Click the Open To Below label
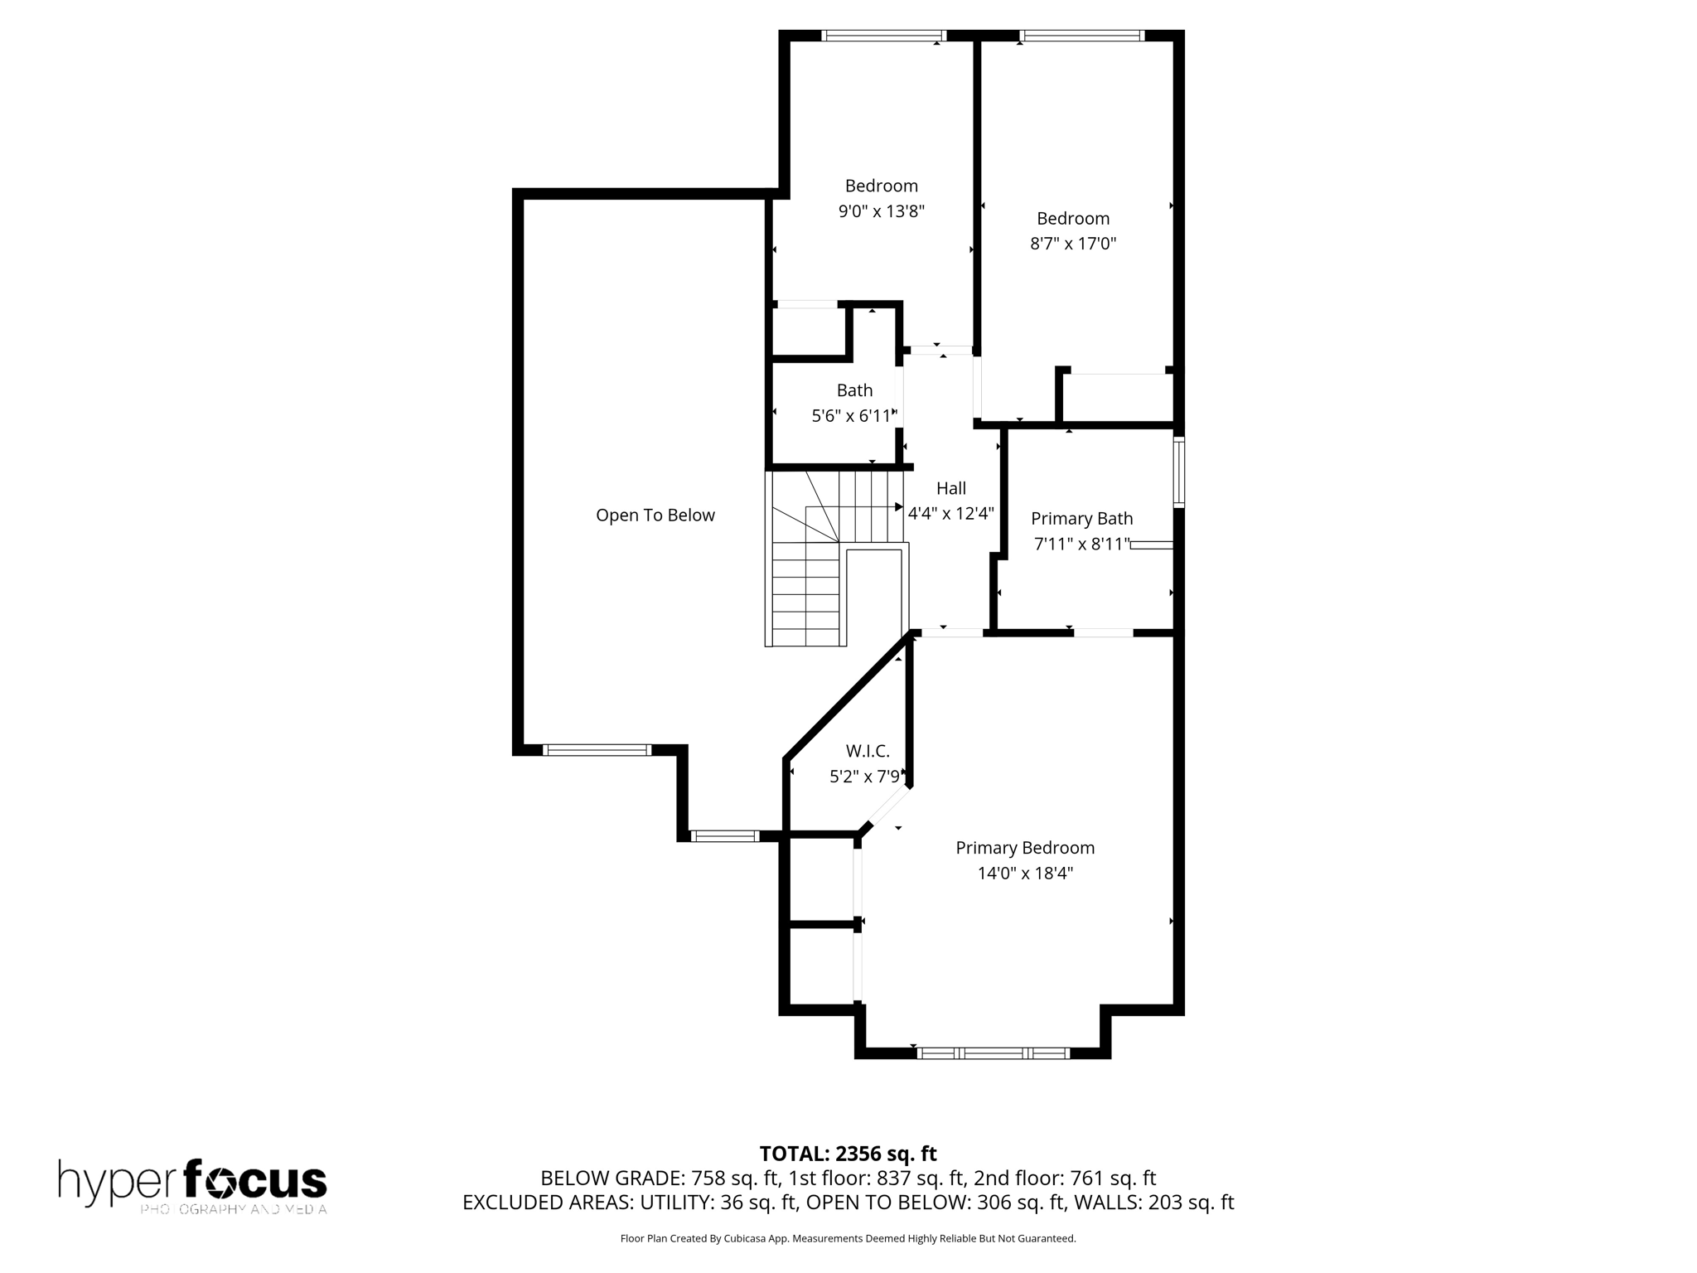pyautogui.click(x=655, y=515)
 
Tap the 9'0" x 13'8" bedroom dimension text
pyautogui.click(x=881, y=211)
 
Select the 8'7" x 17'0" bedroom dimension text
pyautogui.click(x=1073, y=244)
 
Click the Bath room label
pyautogui.click(x=854, y=390)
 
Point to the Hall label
pyautogui.click(x=950, y=488)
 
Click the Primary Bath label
pyautogui.click(x=1081, y=518)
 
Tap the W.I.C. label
pyautogui.click(x=868, y=751)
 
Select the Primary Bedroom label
pyautogui.click(x=1025, y=848)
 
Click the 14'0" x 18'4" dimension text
pyautogui.click(x=1025, y=873)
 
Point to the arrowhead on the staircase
pyautogui.click(x=898, y=506)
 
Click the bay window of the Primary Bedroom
pyautogui.click(x=993, y=1053)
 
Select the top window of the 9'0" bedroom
pyautogui.click(x=883, y=36)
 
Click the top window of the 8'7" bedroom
pyautogui.click(x=1081, y=36)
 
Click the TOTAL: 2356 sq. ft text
pyautogui.click(x=848, y=1153)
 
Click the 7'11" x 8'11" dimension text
pyautogui.click(x=1081, y=545)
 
